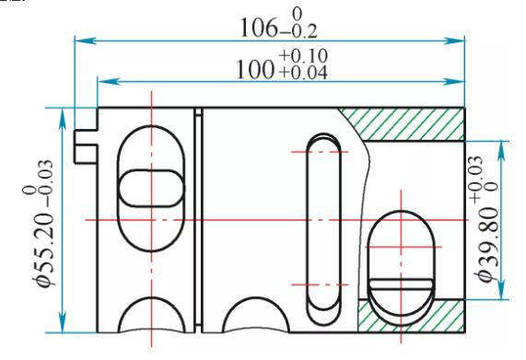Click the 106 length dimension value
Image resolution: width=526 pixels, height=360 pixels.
[x=259, y=27]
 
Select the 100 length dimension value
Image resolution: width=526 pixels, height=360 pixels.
[x=255, y=70]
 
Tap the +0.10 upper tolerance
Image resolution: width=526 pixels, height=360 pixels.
[x=303, y=56]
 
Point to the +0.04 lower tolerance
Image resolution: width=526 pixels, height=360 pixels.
[x=303, y=73]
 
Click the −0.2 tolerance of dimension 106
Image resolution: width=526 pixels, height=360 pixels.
[x=298, y=31]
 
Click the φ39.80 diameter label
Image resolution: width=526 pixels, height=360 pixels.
[x=486, y=245]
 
